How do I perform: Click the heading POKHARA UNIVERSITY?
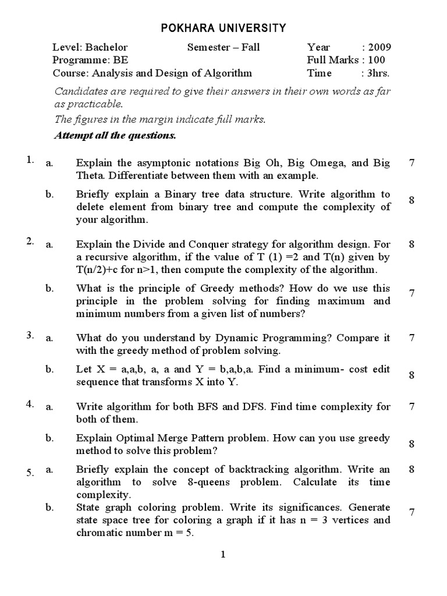(223, 27)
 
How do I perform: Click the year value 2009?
(379, 47)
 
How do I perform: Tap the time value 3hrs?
(378, 73)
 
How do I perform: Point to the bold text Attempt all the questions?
(115, 136)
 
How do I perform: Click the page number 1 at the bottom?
(223, 555)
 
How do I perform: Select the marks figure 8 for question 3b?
(411, 375)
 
